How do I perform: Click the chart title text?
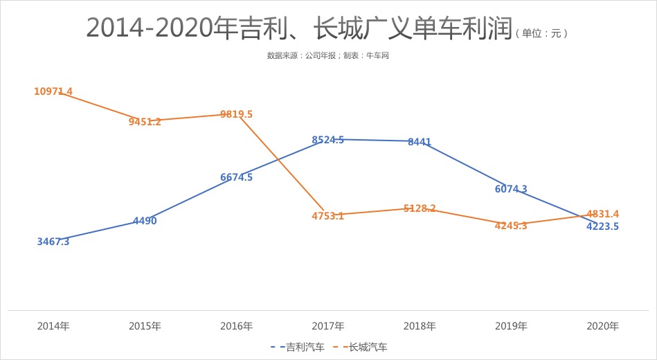[x=299, y=28]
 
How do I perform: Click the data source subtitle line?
[x=328, y=55]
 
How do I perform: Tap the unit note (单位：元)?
[x=541, y=33]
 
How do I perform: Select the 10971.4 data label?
[x=53, y=91]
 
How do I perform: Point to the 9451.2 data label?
[x=145, y=122]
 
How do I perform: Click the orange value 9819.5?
[x=236, y=114]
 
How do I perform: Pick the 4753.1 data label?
[x=327, y=216]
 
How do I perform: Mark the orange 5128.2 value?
[x=420, y=208]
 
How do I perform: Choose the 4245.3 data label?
[x=511, y=226]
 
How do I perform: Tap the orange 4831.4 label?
[x=602, y=214]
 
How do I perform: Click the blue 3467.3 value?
[x=53, y=242]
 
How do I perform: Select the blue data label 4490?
[x=145, y=221]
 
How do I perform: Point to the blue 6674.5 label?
[x=236, y=177]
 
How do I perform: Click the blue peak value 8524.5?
[x=327, y=140]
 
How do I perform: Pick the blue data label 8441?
[x=420, y=142]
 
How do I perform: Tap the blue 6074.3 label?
[x=511, y=189]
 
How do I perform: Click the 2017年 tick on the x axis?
[x=327, y=326]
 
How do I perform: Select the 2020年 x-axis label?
[x=602, y=326]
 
